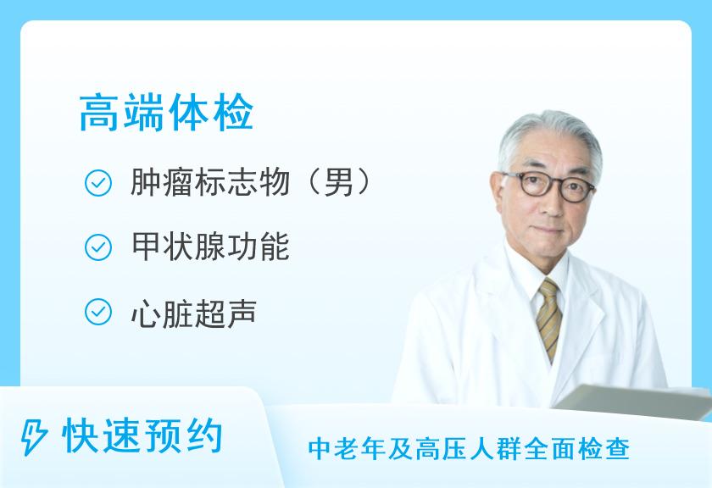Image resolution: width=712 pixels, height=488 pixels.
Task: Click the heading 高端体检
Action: (x=166, y=112)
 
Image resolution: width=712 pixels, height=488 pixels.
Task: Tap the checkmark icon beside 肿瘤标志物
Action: (x=98, y=183)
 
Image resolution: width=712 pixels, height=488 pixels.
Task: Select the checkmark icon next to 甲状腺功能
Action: (x=98, y=247)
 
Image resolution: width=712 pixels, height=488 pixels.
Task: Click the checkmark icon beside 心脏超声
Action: (x=98, y=312)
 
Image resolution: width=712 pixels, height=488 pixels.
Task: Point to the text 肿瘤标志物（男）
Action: (x=251, y=182)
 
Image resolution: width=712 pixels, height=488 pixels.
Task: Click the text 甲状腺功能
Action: (x=210, y=247)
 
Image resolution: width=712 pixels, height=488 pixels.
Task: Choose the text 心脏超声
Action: (x=194, y=313)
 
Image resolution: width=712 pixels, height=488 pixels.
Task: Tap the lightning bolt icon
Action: (x=34, y=436)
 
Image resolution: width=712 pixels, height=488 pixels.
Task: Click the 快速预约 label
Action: (x=142, y=436)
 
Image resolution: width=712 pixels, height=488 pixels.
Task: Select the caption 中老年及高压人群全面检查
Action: (x=469, y=449)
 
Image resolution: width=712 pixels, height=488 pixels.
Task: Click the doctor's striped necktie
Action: (x=548, y=319)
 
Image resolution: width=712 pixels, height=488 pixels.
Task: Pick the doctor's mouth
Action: (x=548, y=231)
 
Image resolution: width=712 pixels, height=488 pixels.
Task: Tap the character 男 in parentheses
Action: (x=338, y=182)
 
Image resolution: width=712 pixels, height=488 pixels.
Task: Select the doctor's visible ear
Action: (x=499, y=193)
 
